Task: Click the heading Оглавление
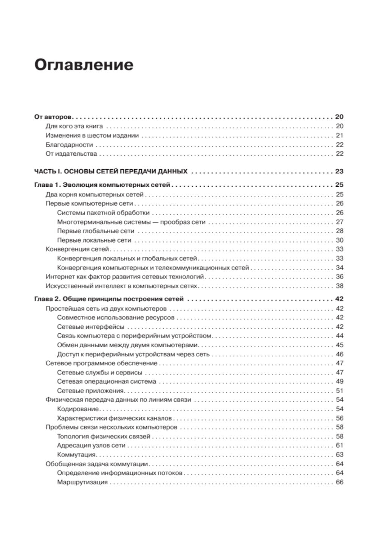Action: tap(84, 65)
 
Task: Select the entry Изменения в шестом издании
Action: tap(92, 135)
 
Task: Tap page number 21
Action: tap(339, 135)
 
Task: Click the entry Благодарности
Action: tap(69, 145)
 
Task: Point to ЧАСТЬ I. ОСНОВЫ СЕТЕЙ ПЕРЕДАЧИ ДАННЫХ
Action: tap(111, 171)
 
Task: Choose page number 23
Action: tap(339, 171)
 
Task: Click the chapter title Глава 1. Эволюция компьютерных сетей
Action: tap(102, 185)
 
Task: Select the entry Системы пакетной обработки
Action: tap(103, 213)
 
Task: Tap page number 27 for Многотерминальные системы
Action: tap(339, 222)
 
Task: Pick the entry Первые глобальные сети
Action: tap(96, 231)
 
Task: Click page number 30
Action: tap(339, 240)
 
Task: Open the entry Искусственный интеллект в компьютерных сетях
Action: tap(121, 286)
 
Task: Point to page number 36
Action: tap(339, 277)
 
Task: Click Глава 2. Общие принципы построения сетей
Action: tap(109, 299)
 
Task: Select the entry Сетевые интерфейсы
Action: tap(90, 327)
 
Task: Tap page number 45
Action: tap(339, 345)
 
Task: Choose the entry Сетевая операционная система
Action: tap(107, 382)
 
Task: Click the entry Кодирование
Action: tap(78, 409)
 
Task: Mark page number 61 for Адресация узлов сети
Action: tap(339, 446)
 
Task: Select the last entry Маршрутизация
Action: tap(82, 482)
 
